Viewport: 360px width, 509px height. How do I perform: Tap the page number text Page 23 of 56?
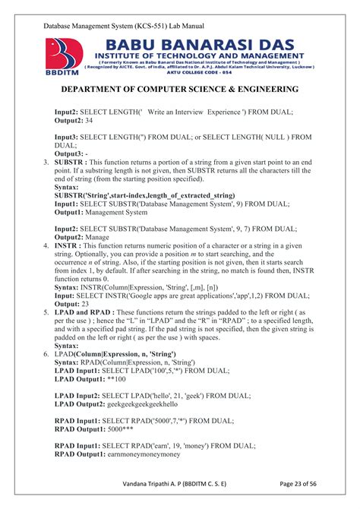point(292,483)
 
